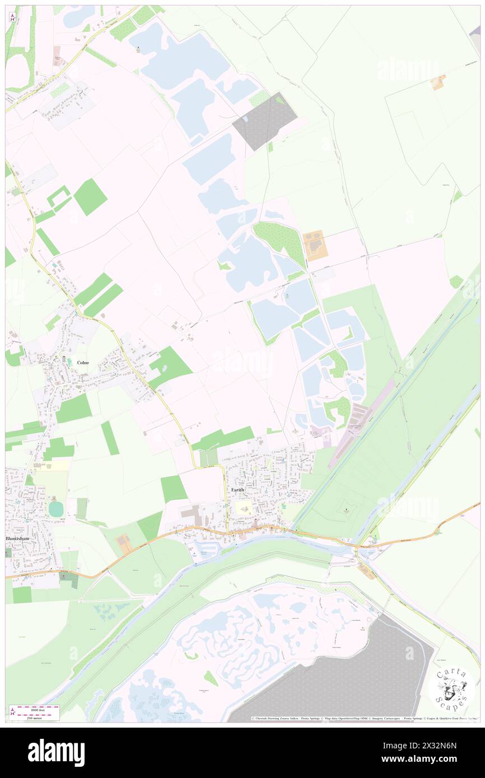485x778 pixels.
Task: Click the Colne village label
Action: click(x=83, y=362)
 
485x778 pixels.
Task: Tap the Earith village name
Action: click(x=237, y=490)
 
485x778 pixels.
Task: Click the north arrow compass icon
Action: click(x=12, y=16)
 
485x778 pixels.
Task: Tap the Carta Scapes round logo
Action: click(x=451, y=688)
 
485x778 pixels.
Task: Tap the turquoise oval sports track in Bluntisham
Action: click(x=56, y=509)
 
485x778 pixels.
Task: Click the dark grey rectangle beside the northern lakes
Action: click(x=264, y=121)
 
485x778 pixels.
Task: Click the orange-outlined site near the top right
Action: click(x=437, y=82)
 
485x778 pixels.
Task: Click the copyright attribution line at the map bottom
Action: click(x=364, y=718)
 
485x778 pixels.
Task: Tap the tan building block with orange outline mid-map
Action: click(x=315, y=245)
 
